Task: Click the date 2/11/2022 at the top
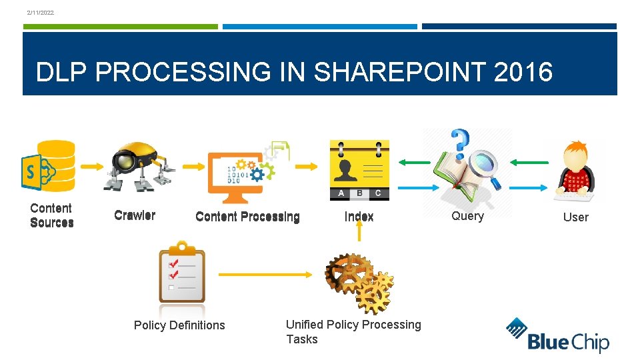[41, 13]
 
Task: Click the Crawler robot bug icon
[137, 167]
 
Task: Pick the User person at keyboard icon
[575, 171]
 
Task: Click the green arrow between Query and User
[529, 161]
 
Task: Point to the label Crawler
[135, 215]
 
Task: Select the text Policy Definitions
[179, 325]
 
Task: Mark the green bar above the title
[120, 27]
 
